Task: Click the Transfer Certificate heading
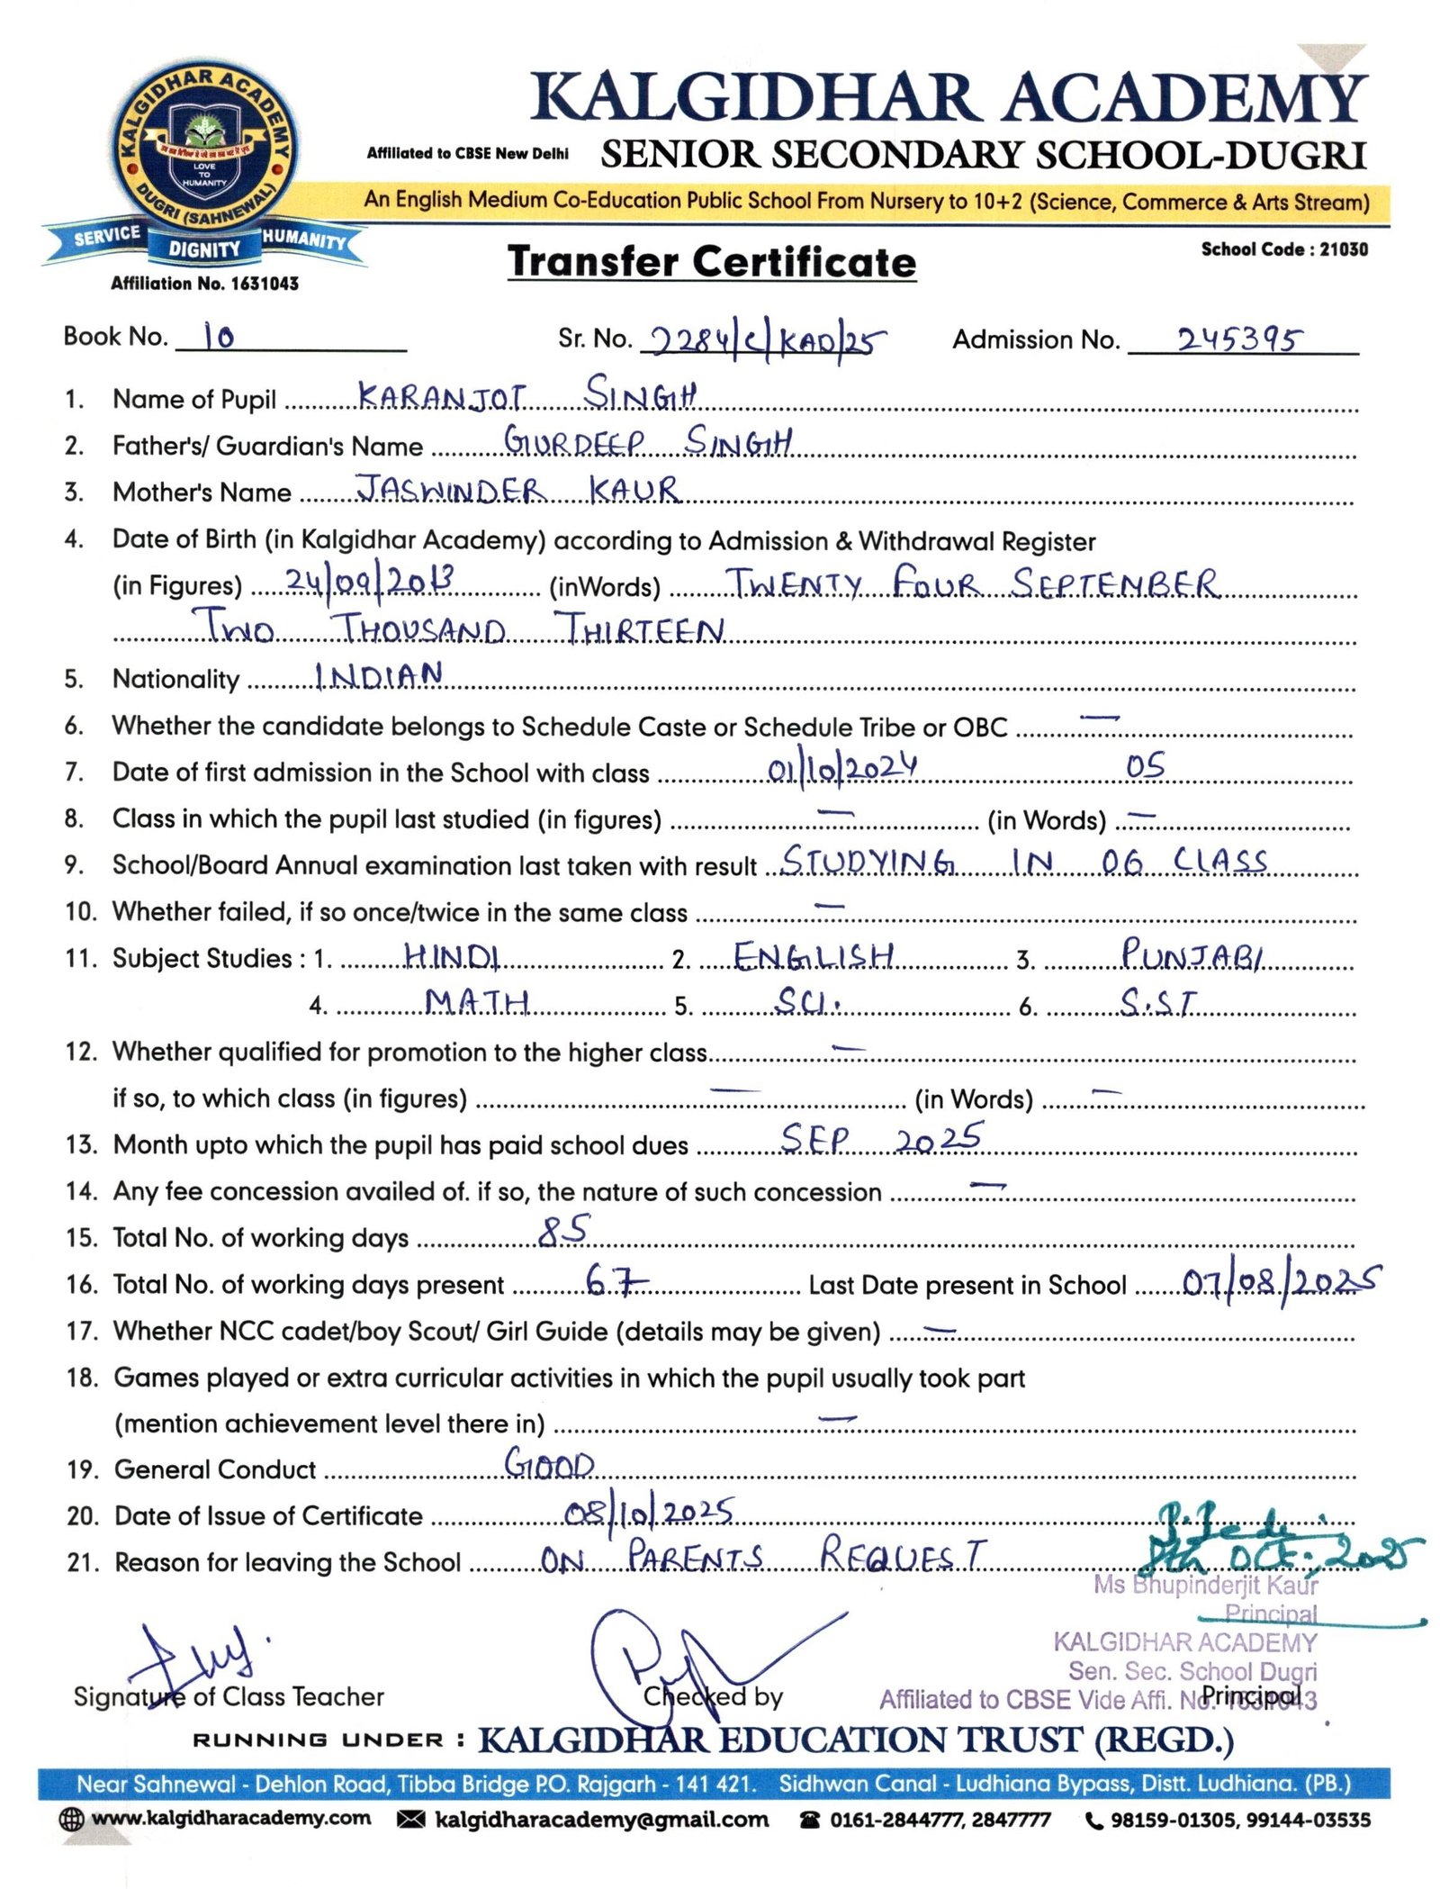tap(711, 262)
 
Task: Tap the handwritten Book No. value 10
tap(219, 337)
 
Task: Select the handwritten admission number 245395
tap(1238, 339)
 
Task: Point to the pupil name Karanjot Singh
tap(526, 394)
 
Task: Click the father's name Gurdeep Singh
tap(647, 441)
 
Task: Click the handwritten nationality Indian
tap(378, 675)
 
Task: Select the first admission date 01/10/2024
tap(841, 770)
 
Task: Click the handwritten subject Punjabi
tap(1191, 954)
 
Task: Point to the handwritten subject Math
tap(476, 1001)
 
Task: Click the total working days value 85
tap(563, 1230)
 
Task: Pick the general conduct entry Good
tap(549, 1463)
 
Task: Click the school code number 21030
tap(1343, 249)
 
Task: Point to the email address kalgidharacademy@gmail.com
tap(601, 1820)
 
